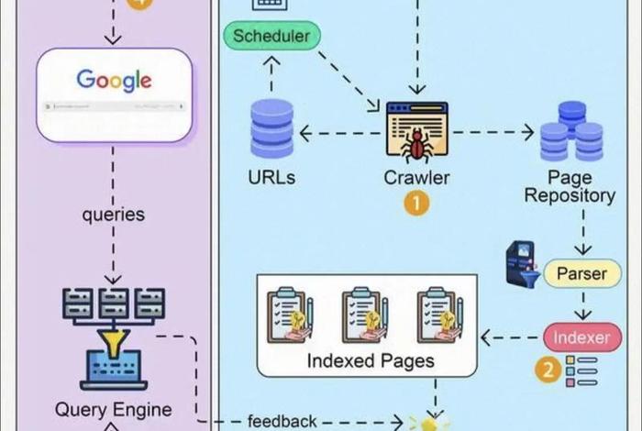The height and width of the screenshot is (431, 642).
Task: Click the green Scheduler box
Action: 271,38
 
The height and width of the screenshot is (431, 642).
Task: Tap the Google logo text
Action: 114,80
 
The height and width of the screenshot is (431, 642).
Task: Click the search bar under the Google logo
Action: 114,107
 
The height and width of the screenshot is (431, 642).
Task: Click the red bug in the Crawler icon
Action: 417,141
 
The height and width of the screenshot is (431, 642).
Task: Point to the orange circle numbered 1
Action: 416,203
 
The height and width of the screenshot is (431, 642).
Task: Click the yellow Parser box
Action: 581,273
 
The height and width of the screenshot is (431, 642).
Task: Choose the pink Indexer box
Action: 581,337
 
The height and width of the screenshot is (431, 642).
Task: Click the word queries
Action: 114,215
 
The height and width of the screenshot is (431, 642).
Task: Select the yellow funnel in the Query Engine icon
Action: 114,343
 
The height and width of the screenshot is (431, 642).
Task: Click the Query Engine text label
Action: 114,410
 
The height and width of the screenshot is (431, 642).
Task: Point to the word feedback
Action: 282,422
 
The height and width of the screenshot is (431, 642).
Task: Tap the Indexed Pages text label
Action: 370,360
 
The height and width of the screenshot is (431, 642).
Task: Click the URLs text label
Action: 271,177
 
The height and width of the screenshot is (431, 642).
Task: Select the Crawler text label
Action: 417,177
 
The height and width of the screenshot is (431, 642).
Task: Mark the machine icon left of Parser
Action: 522,263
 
